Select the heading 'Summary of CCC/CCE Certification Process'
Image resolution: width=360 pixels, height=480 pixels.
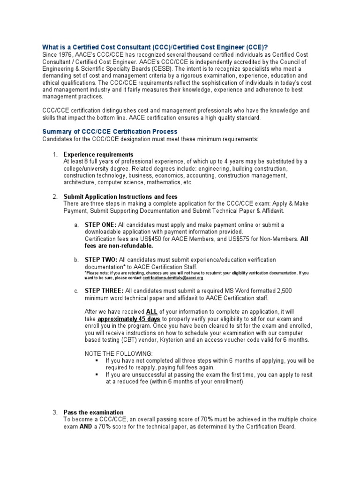pos(110,132)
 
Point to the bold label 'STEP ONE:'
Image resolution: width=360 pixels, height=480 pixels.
pos(100,225)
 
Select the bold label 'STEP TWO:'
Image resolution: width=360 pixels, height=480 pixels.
pos(101,260)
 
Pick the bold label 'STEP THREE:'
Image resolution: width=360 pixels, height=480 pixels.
pos(104,291)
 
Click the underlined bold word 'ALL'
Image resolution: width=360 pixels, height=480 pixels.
pos(152,312)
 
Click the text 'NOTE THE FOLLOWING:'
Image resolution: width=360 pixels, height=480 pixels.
pos(119,353)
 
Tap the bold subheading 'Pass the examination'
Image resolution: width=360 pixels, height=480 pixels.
pos(94,412)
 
